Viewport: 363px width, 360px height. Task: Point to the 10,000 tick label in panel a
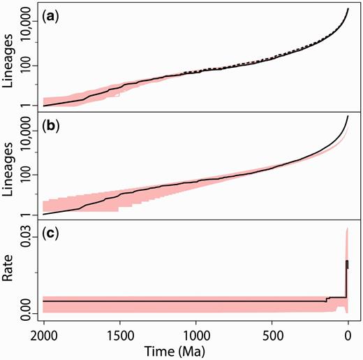(26, 26)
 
